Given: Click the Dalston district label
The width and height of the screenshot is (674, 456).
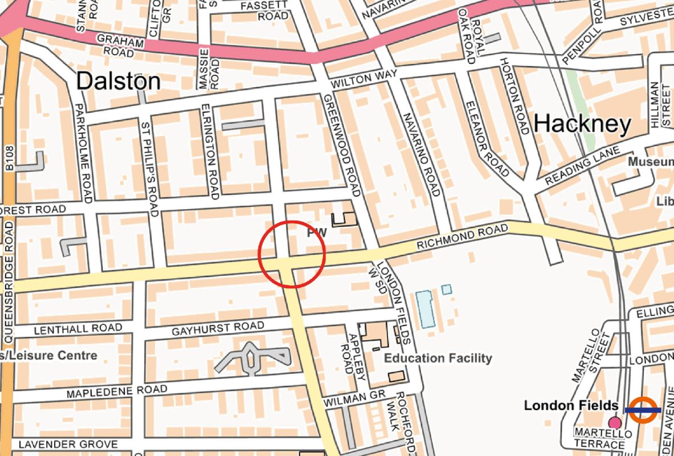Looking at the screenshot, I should click(x=118, y=81).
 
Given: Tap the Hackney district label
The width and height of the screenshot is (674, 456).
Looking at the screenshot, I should click(x=582, y=123).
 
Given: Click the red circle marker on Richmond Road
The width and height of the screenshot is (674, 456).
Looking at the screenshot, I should click(x=292, y=254).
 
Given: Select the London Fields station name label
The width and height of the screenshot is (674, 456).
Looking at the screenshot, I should click(x=571, y=405).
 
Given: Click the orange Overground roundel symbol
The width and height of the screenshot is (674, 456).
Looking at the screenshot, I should click(x=643, y=410).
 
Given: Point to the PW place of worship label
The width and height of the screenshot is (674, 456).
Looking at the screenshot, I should click(x=317, y=233).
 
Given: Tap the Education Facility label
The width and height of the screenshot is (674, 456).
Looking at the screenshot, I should click(x=438, y=358).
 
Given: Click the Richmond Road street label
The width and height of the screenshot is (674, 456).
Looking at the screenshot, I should click(x=461, y=238).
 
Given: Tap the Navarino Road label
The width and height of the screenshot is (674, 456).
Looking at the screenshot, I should click(x=422, y=154).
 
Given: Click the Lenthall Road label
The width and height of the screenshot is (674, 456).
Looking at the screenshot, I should click(x=78, y=329).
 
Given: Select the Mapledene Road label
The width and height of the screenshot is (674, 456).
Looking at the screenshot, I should click(x=117, y=392).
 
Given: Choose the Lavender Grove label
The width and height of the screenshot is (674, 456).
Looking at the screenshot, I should click(x=68, y=444).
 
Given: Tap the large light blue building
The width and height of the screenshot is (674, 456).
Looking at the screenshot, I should click(x=424, y=309).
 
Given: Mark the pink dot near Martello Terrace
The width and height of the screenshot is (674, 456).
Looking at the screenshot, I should click(x=614, y=423).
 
